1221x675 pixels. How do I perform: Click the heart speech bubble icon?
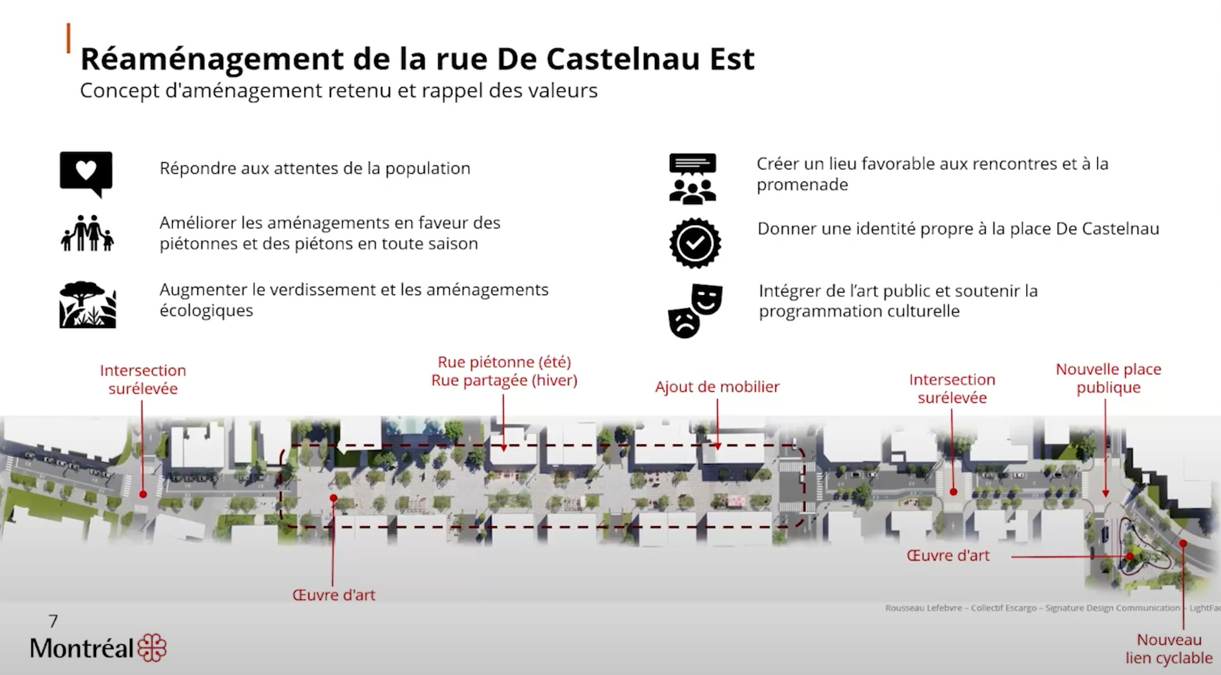(86, 173)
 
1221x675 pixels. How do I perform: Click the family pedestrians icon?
(88, 233)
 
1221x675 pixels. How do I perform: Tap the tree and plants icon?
(88, 305)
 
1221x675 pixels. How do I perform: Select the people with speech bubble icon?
(693, 178)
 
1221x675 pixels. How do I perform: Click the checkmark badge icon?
(695, 243)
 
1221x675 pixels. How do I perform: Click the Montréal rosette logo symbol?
(152, 648)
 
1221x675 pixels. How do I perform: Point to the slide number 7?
(53, 621)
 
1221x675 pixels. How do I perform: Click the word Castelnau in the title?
(623, 59)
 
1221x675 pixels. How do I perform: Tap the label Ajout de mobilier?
(717, 387)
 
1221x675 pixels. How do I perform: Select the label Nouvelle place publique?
(1109, 378)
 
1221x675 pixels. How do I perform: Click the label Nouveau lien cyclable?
(1169, 649)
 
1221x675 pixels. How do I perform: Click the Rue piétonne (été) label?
(504, 362)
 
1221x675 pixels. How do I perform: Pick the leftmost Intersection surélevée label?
(143, 379)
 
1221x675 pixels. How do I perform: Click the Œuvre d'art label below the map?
(334, 595)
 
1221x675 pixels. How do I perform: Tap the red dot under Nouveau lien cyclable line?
(1182, 543)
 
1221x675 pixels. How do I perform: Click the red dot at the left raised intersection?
(143, 494)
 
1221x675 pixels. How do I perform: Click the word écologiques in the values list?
(206, 311)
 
